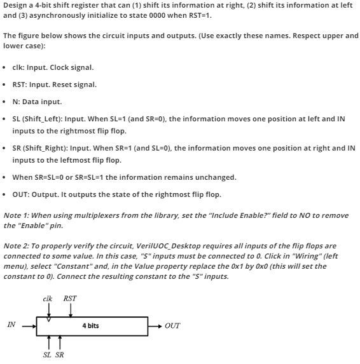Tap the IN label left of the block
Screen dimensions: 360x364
(11, 325)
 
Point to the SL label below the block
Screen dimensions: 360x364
(47, 354)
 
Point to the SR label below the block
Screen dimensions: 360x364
(59, 354)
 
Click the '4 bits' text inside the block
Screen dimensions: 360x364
(91, 325)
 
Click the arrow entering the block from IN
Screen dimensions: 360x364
(29, 327)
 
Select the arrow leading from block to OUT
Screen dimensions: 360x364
(155, 326)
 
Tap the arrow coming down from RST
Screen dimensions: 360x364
(70, 309)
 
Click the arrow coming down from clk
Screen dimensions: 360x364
(49, 309)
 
